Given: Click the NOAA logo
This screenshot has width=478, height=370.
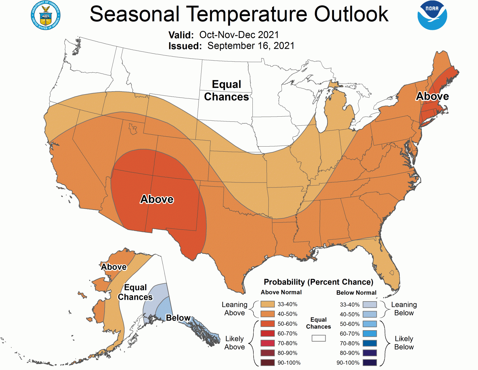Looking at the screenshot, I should (432, 15).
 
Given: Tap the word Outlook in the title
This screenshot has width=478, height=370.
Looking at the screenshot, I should (351, 14).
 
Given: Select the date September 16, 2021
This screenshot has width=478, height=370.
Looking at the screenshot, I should (251, 46).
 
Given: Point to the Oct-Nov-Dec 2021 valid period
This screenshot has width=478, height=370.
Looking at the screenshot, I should (239, 35).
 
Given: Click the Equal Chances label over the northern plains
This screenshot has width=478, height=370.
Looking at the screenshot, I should (226, 91).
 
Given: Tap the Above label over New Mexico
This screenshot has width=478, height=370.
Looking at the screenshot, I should (157, 199).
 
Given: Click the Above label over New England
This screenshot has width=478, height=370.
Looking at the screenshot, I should (432, 96).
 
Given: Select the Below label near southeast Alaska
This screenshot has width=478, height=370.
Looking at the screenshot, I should (178, 318).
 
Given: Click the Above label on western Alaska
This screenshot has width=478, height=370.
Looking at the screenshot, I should (114, 267).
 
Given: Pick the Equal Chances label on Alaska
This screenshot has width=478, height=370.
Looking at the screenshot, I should (135, 292).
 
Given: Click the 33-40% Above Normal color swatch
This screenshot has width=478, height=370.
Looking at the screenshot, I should (267, 304).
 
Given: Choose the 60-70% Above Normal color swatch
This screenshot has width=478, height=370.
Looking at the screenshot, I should (267, 334).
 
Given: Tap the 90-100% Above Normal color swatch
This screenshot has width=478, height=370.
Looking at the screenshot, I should (267, 363).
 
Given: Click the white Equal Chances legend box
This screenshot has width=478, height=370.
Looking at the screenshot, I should (318, 338).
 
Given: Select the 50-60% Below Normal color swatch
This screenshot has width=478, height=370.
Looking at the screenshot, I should (370, 324).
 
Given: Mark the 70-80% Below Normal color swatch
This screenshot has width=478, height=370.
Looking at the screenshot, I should (370, 343).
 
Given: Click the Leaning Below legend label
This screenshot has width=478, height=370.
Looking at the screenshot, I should (404, 309).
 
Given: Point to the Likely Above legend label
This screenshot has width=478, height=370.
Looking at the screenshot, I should (235, 343).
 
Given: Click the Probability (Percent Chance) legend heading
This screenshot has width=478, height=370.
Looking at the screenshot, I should (318, 282).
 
